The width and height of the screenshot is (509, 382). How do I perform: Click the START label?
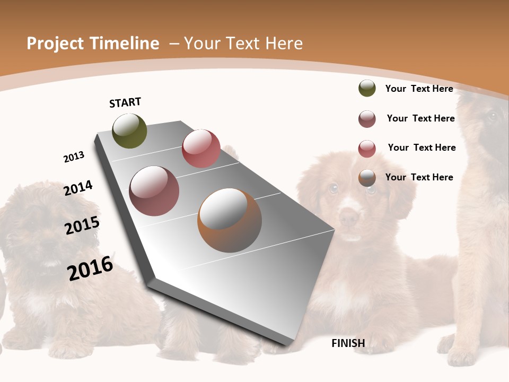point(125,102)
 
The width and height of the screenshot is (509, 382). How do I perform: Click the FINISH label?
point(348,343)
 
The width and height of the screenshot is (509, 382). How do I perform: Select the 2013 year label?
point(74,157)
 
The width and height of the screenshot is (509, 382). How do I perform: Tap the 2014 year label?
point(78,188)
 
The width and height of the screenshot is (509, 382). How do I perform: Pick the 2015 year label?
point(82,225)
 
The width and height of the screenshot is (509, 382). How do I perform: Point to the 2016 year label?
point(90,268)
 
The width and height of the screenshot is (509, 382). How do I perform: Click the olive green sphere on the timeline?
point(129,131)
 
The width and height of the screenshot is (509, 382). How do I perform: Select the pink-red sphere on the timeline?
point(201,149)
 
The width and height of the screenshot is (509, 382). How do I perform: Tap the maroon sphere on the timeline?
point(154,191)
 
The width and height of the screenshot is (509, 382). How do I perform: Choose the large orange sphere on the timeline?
point(229,220)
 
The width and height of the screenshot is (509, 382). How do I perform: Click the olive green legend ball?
point(367,88)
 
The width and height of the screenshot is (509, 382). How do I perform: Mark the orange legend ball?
point(367,178)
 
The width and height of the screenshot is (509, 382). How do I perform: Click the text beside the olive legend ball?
point(419,89)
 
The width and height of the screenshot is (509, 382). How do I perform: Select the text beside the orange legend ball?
point(419,177)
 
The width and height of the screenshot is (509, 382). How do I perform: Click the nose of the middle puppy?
point(348,216)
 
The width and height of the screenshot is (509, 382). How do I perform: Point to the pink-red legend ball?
point(367,149)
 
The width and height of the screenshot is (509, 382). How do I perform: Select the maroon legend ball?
point(367,119)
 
